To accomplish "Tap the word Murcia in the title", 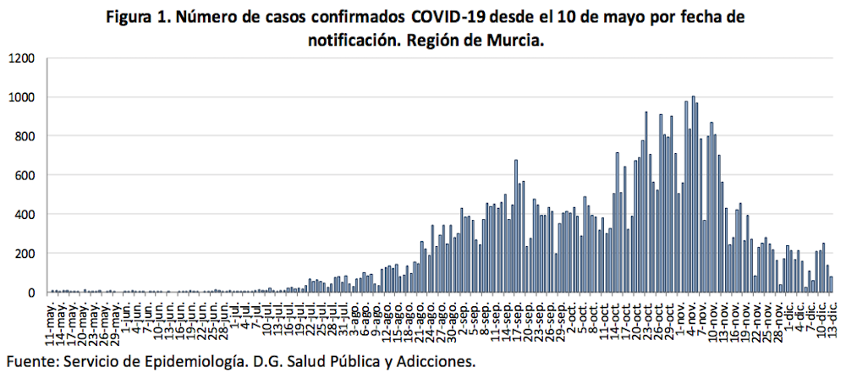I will point(510,40).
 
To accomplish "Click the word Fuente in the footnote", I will point(31,360).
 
